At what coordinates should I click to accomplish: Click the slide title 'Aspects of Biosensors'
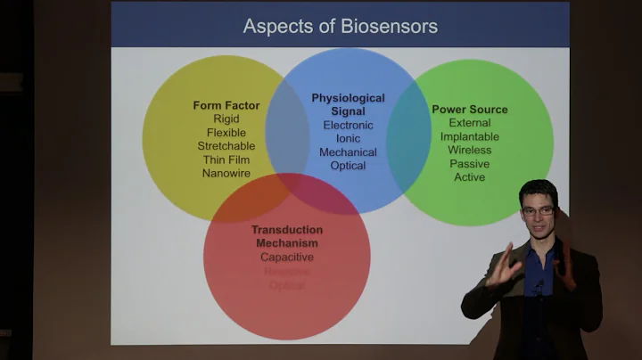pyautogui.click(x=340, y=26)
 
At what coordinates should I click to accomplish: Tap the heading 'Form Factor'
pyautogui.click(x=226, y=105)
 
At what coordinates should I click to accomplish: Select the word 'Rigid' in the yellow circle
pyautogui.click(x=226, y=119)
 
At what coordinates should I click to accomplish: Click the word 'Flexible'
pyautogui.click(x=226, y=133)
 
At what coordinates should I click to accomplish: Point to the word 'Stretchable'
pyautogui.click(x=226, y=146)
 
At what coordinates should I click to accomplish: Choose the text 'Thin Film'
pyautogui.click(x=226, y=160)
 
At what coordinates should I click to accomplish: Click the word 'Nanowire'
pyautogui.click(x=226, y=173)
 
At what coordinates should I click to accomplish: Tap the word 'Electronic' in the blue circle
pyautogui.click(x=348, y=125)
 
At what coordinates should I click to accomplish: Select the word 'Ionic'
pyautogui.click(x=348, y=138)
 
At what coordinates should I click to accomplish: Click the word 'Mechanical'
pyautogui.click(x=348, y=152)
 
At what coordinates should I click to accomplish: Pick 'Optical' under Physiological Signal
pyautogui.click(x=348, y=166)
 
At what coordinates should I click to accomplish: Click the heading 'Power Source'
pyautogui.click(x=470, y=110)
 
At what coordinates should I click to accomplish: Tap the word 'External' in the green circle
pyautogui.click(x=470, y=123)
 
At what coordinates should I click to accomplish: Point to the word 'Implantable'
pyautogui.click(x=470, y=136)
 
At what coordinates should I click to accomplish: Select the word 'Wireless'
pyautogui.click(x=470, y=151)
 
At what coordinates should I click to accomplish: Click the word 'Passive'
pyautogui.click(x=470, y=164)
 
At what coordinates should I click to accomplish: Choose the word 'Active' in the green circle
pyautogui.click(x=470, y=177)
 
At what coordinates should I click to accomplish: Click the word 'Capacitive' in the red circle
pyautogui.click(x=287, y=258)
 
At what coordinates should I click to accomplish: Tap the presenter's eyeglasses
pyautogui.click(x=538, y=211)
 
